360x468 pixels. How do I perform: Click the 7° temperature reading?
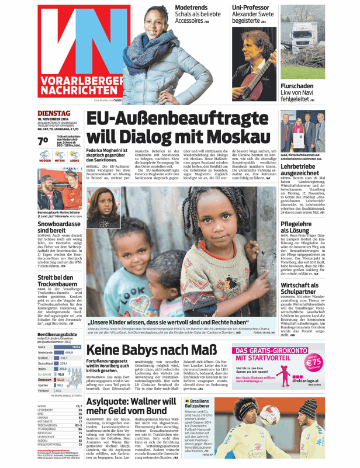pos(43,140)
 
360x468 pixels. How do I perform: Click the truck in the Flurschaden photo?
pos(302,44)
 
